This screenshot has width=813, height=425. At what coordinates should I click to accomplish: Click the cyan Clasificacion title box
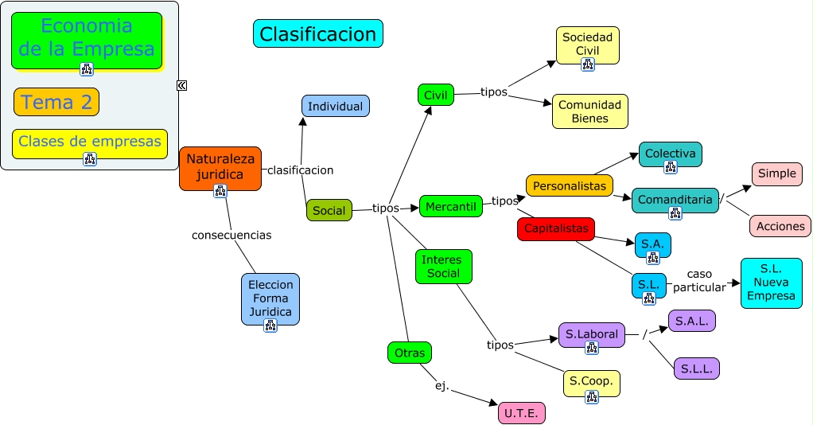click(317, 33)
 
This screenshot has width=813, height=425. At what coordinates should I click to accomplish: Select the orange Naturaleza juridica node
click(220, 166)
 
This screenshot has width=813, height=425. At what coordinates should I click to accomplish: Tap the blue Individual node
click(335, 106)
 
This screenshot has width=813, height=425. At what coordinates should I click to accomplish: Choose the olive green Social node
click(329, 210)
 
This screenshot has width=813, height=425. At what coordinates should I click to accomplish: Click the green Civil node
click(435, 95)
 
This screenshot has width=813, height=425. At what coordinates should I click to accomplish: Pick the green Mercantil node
click(450, 206)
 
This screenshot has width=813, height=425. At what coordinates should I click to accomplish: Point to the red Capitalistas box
click(556, 228)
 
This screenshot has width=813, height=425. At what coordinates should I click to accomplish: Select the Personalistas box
click(569, 185)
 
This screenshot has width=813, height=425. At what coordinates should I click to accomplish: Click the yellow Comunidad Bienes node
click(590, 111)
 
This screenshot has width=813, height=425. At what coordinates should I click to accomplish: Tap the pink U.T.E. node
click(521, 412)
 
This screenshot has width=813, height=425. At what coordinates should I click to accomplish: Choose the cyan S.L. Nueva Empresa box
click(771, 283)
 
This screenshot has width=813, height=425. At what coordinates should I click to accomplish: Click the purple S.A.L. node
click(692, 321)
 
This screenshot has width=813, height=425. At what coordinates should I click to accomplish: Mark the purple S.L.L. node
click(696, 368)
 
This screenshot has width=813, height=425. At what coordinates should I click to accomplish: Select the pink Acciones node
click(780, 226)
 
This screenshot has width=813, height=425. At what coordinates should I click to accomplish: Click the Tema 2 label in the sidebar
click(56, 102)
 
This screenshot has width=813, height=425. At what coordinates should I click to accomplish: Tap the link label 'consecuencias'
click(231, 235)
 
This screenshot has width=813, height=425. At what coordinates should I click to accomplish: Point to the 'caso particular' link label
click(699, 280)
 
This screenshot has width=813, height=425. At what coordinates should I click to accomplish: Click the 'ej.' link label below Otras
click(442, 386)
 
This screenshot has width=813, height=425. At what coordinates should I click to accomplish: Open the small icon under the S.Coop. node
click(591, 396)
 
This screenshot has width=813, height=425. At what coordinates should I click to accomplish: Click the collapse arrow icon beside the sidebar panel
click(181, 85)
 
